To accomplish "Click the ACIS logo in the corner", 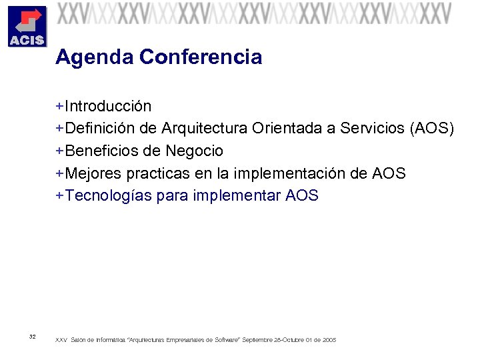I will click(x=26, y=26).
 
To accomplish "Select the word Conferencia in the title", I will click(x=201, y=57).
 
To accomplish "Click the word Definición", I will click(x=99, y=129).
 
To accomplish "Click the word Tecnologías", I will click(x=107, y=196).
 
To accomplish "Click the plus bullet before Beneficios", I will click(x=60, y=151).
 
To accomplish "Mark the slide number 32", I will click(x=33, y=336).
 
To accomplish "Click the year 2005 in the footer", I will click(x=329, y=340).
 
